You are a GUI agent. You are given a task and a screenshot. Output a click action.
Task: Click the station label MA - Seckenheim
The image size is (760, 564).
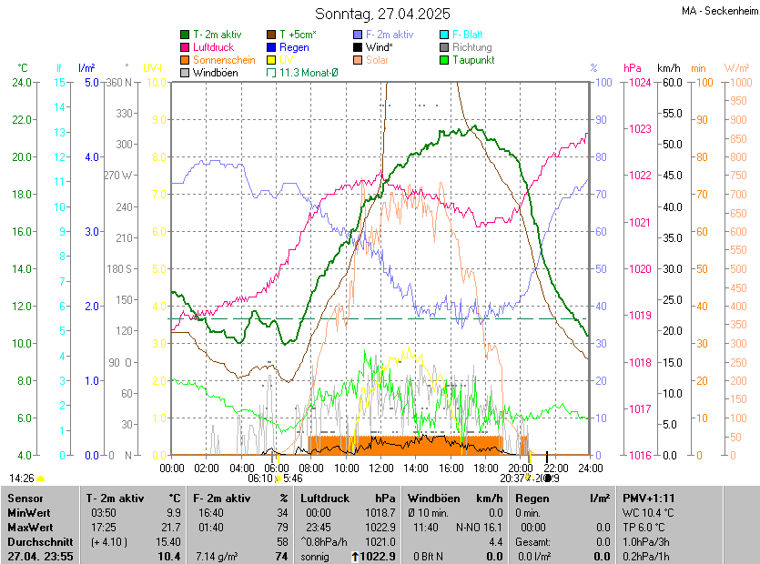coord(719,10)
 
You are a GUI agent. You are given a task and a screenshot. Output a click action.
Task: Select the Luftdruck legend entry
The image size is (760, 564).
coord(212,47)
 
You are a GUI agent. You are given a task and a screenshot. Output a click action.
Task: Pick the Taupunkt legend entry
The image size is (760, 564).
coord(472,60)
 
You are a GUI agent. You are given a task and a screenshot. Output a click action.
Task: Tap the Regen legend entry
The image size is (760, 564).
coord(294,47)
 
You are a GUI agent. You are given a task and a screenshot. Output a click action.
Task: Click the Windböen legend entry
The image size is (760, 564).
coord(214,73)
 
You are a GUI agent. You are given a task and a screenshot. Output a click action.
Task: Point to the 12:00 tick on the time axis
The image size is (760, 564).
coord(381,468)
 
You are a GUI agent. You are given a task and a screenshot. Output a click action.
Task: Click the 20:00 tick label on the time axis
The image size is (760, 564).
coord(521,468)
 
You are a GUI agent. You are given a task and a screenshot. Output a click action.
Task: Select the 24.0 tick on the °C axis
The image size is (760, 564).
coord(20,82)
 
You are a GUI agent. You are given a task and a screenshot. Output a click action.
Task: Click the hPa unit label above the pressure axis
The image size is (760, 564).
coord(632,68)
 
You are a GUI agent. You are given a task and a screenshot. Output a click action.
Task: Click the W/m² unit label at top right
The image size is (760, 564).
coord(736,68)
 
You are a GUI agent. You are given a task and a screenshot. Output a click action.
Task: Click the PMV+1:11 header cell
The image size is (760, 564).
coord(648,499)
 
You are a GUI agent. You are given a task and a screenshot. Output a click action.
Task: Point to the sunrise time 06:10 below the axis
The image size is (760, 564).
coord(260,478)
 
